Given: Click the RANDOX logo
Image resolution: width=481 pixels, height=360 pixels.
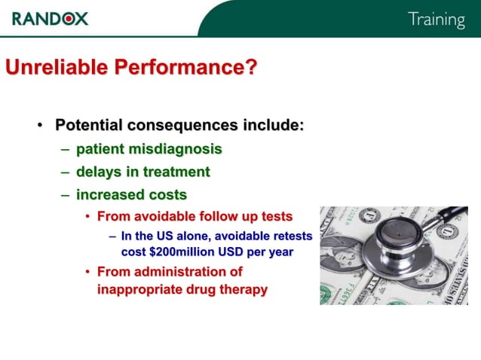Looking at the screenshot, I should point(50,17).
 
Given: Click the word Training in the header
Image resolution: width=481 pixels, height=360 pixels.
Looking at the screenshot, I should point(436,20).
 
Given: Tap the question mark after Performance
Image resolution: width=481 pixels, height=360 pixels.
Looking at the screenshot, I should point(250,68).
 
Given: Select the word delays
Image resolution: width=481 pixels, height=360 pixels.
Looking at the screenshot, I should point(99,172).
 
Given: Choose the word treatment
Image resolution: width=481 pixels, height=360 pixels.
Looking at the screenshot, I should point(175,172).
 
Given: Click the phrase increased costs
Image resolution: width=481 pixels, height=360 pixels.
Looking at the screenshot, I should point(131,194).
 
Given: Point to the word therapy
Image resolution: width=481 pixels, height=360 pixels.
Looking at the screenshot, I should point(242,289).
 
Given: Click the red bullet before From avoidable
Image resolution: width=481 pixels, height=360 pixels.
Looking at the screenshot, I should point(87,217).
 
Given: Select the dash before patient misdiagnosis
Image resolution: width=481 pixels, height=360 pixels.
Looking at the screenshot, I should point(66,148).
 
